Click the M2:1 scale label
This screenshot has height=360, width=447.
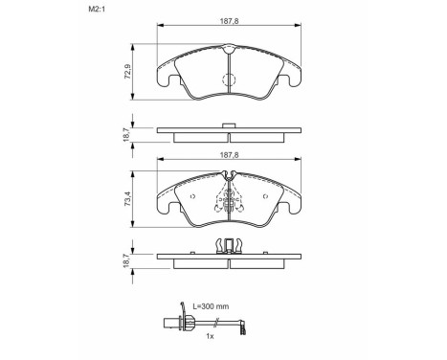click(97, 10)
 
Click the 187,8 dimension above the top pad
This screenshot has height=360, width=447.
click(229, 21)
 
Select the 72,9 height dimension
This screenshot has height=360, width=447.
click(127, 72)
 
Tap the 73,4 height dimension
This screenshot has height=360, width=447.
click(127, 198)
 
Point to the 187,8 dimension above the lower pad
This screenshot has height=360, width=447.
click(229, 155)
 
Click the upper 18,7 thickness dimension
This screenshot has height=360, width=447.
click(126, 135)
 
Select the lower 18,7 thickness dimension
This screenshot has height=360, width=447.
click(126, 260)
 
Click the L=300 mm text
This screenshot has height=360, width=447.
click(211, 306)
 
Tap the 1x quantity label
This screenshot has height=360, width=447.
click(210, 336)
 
